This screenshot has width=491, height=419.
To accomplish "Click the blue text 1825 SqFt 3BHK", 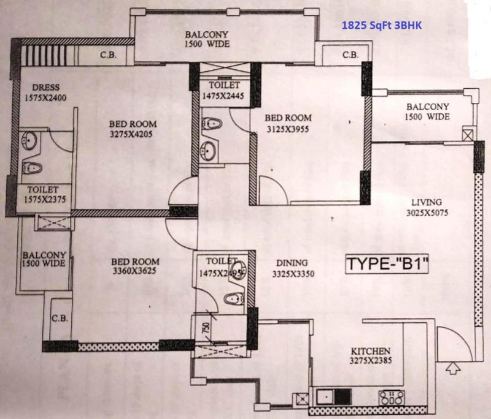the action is point(381,25).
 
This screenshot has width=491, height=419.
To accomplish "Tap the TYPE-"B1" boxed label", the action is point(387,263).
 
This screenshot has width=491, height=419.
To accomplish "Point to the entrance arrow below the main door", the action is point(453,368).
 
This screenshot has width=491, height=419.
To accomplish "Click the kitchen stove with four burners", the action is point(392,398).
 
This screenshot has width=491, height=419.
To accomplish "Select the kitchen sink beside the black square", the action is point(325,397).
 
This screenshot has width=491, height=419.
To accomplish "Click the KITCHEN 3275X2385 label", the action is point(371,356).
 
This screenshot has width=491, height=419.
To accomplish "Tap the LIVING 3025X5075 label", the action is point(427,208).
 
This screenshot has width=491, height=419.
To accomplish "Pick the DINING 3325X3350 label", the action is point(293,268).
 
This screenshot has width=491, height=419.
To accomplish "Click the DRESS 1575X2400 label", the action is point(45,92).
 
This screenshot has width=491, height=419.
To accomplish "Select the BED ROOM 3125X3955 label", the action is point(288,123).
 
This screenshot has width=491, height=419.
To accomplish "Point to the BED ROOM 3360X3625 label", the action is point(135,266).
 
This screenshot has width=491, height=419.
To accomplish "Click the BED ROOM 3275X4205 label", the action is point(133,129).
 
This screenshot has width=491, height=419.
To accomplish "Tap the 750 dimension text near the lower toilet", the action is point(206,328).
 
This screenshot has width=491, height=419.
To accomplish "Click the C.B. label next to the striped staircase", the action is point(109,55).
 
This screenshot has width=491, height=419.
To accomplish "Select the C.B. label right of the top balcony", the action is point(350,55).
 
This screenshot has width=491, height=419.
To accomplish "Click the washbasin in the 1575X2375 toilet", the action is point(29,140).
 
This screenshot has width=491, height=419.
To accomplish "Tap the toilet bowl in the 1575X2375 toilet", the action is point(32,168).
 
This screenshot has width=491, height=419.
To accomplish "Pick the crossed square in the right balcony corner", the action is point(468,134).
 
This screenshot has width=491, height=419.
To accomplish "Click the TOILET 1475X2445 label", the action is point(223,90).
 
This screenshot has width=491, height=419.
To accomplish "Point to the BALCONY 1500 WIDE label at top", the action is point(207,39).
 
